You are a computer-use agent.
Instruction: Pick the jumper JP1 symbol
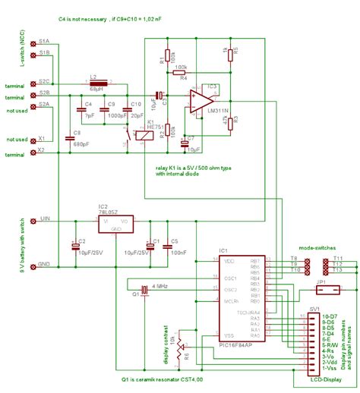(323, 288)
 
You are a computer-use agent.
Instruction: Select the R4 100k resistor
(181, 74)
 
